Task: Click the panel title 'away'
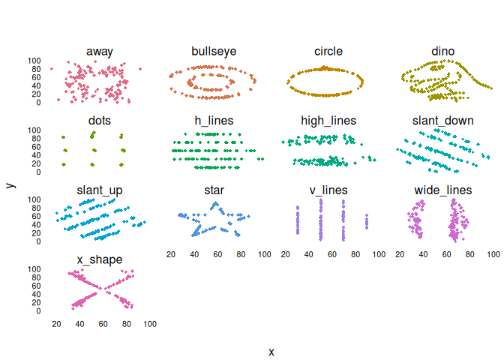click(x=99, y=51)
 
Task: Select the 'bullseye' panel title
click(x=214, y=51)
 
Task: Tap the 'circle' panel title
click(x=328, y=51)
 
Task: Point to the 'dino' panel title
click(x=442, y=51)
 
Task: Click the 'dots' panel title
click(x=99, y=120)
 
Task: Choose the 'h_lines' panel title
click(x=214, y=120)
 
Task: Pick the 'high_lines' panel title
click(x=328, y=120)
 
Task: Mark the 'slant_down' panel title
click(x=442, y=120)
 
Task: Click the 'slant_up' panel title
click(x=99, y=190)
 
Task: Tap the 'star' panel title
click(x=214, y=190)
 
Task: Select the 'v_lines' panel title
click(x=328, y=190)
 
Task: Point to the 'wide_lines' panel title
click(x=442, y=190)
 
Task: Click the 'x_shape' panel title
click(x=99, y=259)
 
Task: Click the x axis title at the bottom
click(x=271, y=352)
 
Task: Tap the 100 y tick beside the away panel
click(x=34, y=61)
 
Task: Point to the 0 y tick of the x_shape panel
click(x=38, y=310)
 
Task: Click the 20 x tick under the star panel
click(x=171, y=254)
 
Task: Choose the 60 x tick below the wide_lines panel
click(x=446, y=254)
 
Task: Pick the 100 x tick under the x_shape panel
click(x=149, y=324)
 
